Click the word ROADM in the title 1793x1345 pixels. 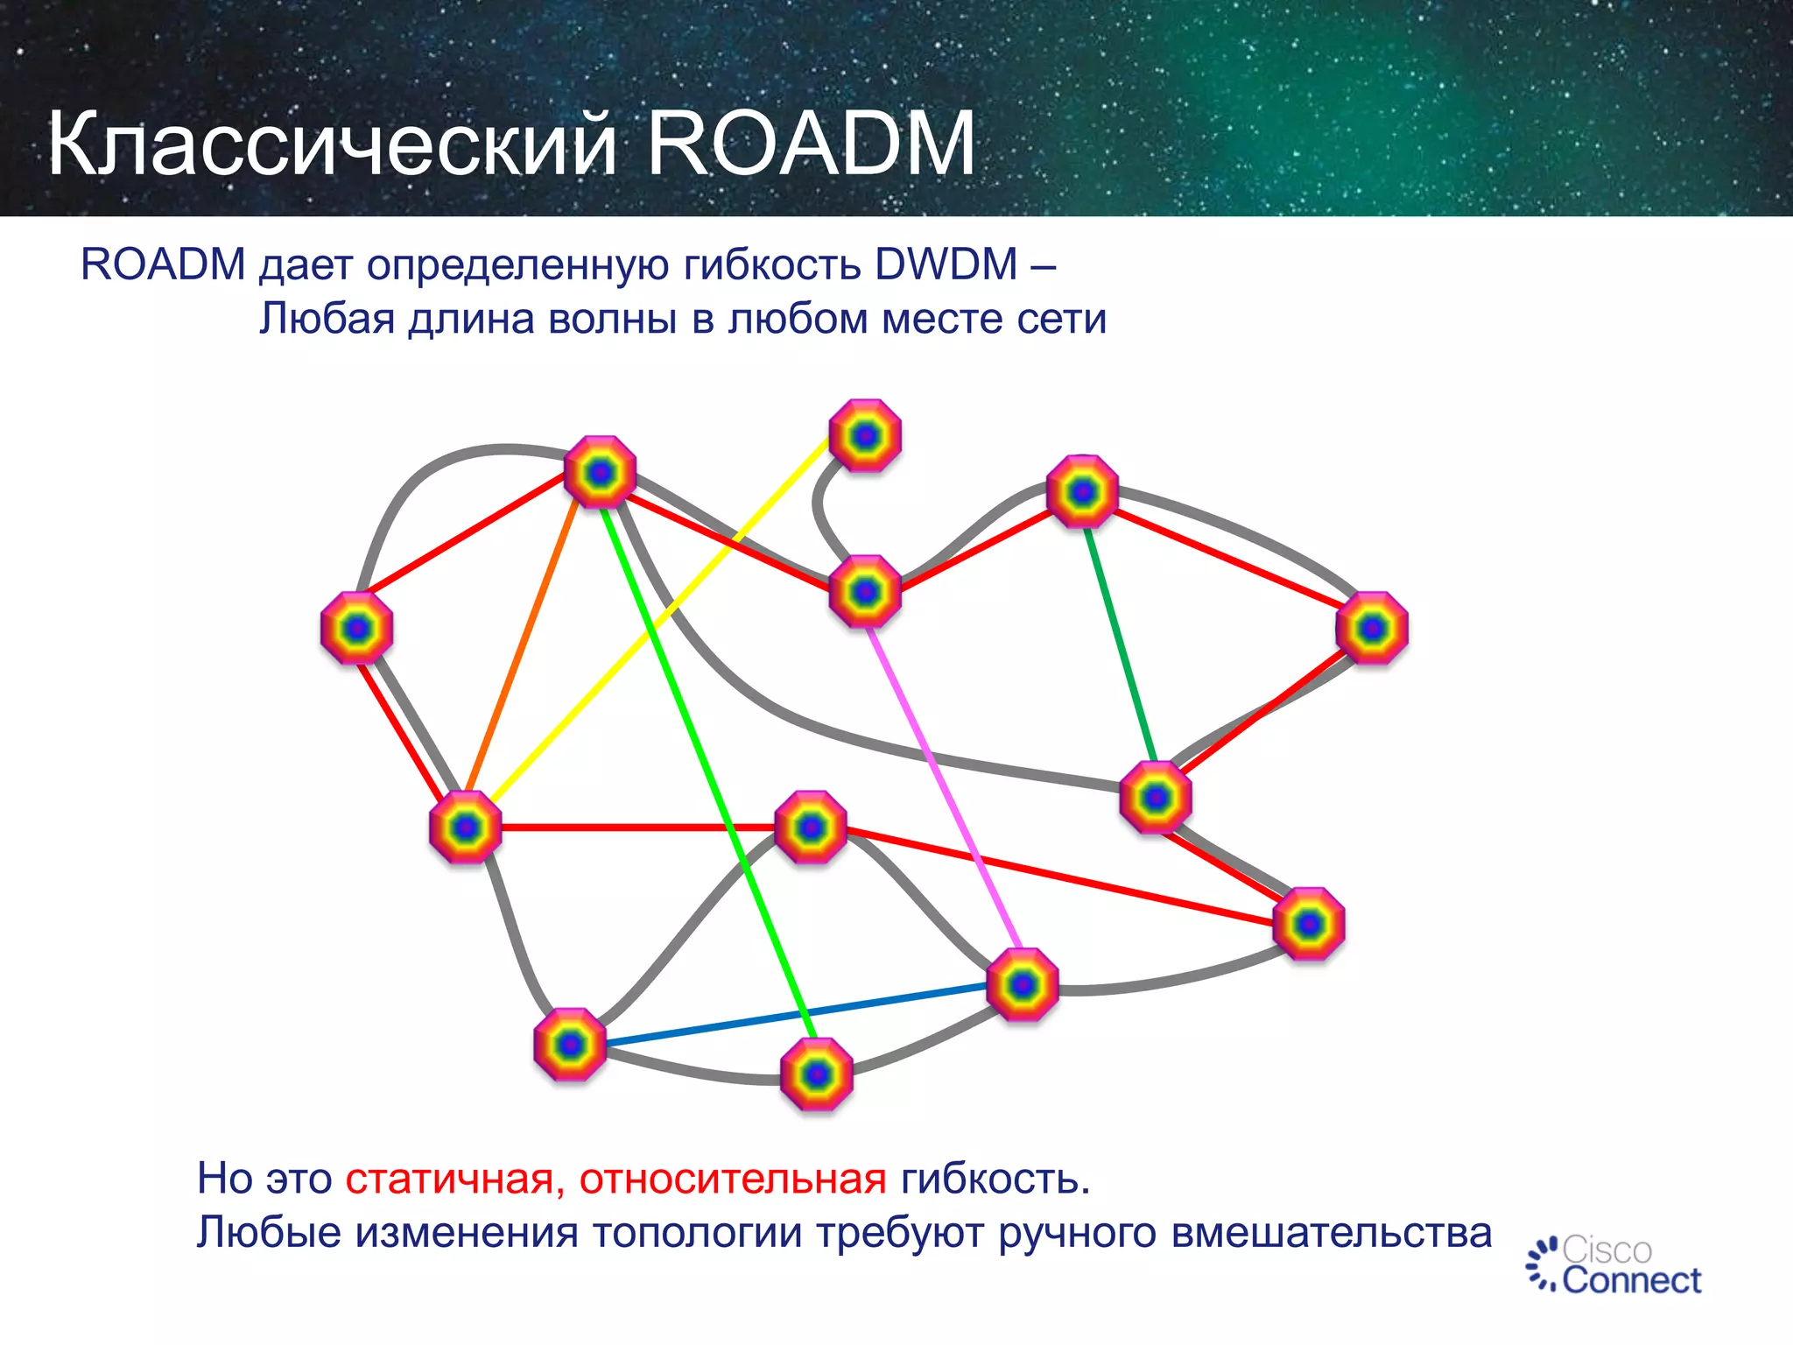point(810,144)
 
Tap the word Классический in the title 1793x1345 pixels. point(333,144)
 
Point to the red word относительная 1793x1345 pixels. point(732,1179)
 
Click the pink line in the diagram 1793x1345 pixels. point(946,788)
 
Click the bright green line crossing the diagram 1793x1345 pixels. point(709,771)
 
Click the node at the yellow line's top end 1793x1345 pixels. point(865,435)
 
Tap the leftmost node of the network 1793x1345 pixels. point(356,628)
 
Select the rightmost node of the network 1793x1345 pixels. point(1372,628)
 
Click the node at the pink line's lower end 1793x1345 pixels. point(1022,985)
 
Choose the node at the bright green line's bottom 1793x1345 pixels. point(816,1074)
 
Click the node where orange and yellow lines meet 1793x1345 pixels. point(465,827)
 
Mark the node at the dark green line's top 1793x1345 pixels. point(1083,491)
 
